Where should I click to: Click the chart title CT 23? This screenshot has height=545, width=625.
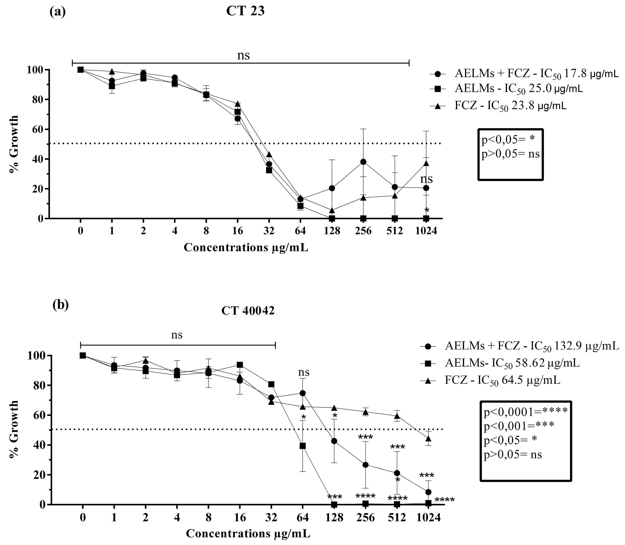pyautogui.click(x=245, y=11)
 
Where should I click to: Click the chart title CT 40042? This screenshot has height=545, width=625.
pyautogui.click(x=248, y=311)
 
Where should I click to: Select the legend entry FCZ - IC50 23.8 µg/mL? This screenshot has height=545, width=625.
pyautogui.click(x=510, y=106)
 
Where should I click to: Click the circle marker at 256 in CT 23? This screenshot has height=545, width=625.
pyautogui.click(x=363, y=162)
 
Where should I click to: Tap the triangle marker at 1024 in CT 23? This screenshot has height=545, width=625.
pyautogui.click(x=426, y=163)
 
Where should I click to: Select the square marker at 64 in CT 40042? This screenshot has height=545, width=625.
pyautogui.click(x=303, y=446)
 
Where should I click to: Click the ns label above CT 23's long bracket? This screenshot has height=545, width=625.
pyautogui.click(x=243, y=56)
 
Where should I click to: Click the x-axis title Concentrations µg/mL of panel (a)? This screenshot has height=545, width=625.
pyautogui.click(x=246, y=248)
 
